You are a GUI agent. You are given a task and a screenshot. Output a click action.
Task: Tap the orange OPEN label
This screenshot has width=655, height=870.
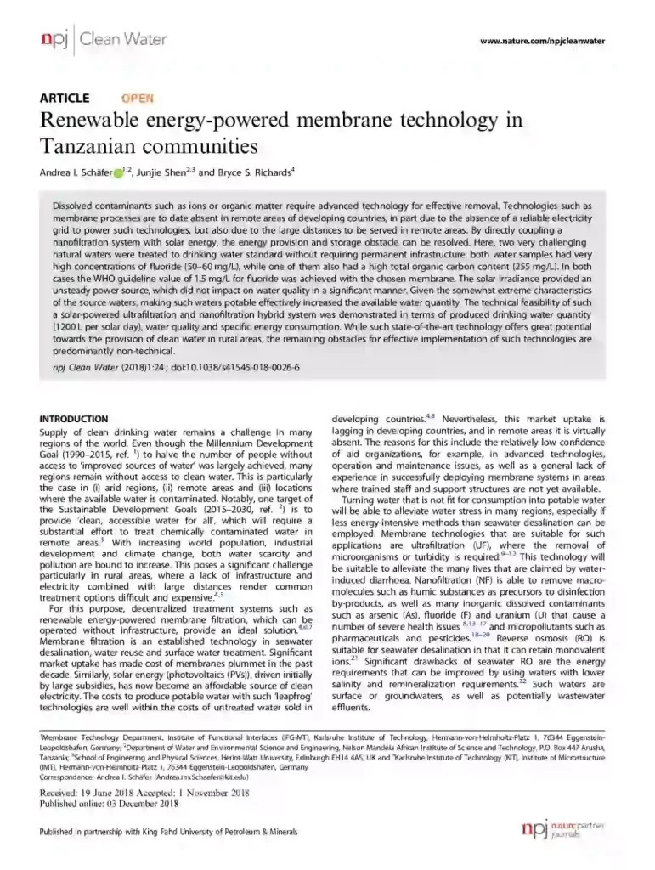coord(138,99)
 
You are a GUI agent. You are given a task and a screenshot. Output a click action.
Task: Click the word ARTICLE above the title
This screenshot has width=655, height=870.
coord(66,99)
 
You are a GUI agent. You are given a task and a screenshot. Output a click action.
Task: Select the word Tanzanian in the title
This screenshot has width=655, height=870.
coord(88,144)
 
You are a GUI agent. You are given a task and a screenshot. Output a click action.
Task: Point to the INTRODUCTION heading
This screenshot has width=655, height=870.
coord(75,419)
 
